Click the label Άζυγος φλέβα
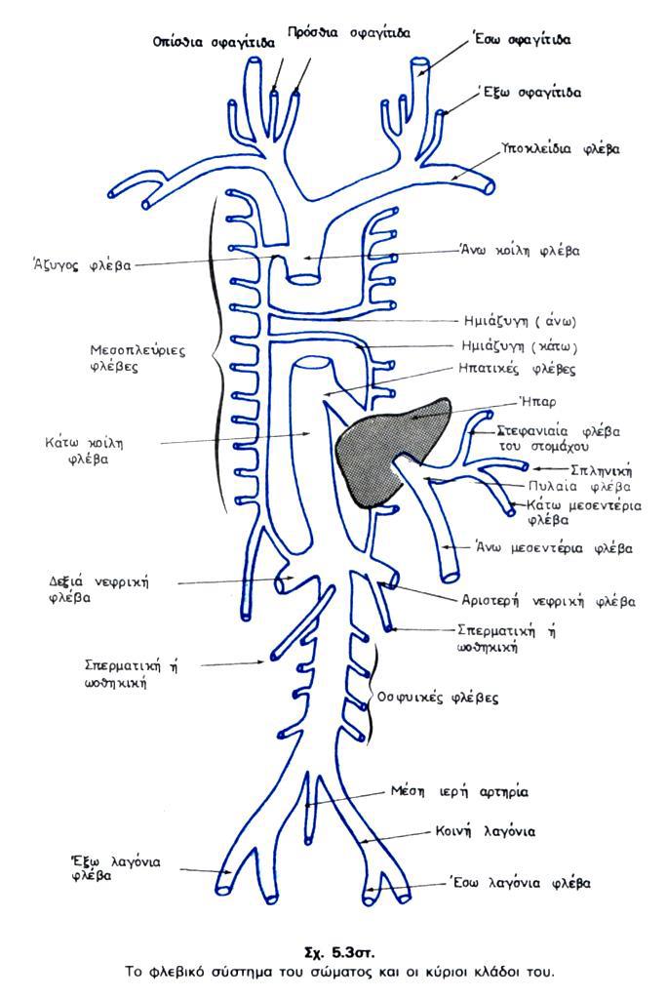tap(81, 263)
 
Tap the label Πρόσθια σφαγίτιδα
tap(348, 32)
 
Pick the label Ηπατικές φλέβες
tap(516, 370)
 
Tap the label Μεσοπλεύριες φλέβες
tap(121, 357)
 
